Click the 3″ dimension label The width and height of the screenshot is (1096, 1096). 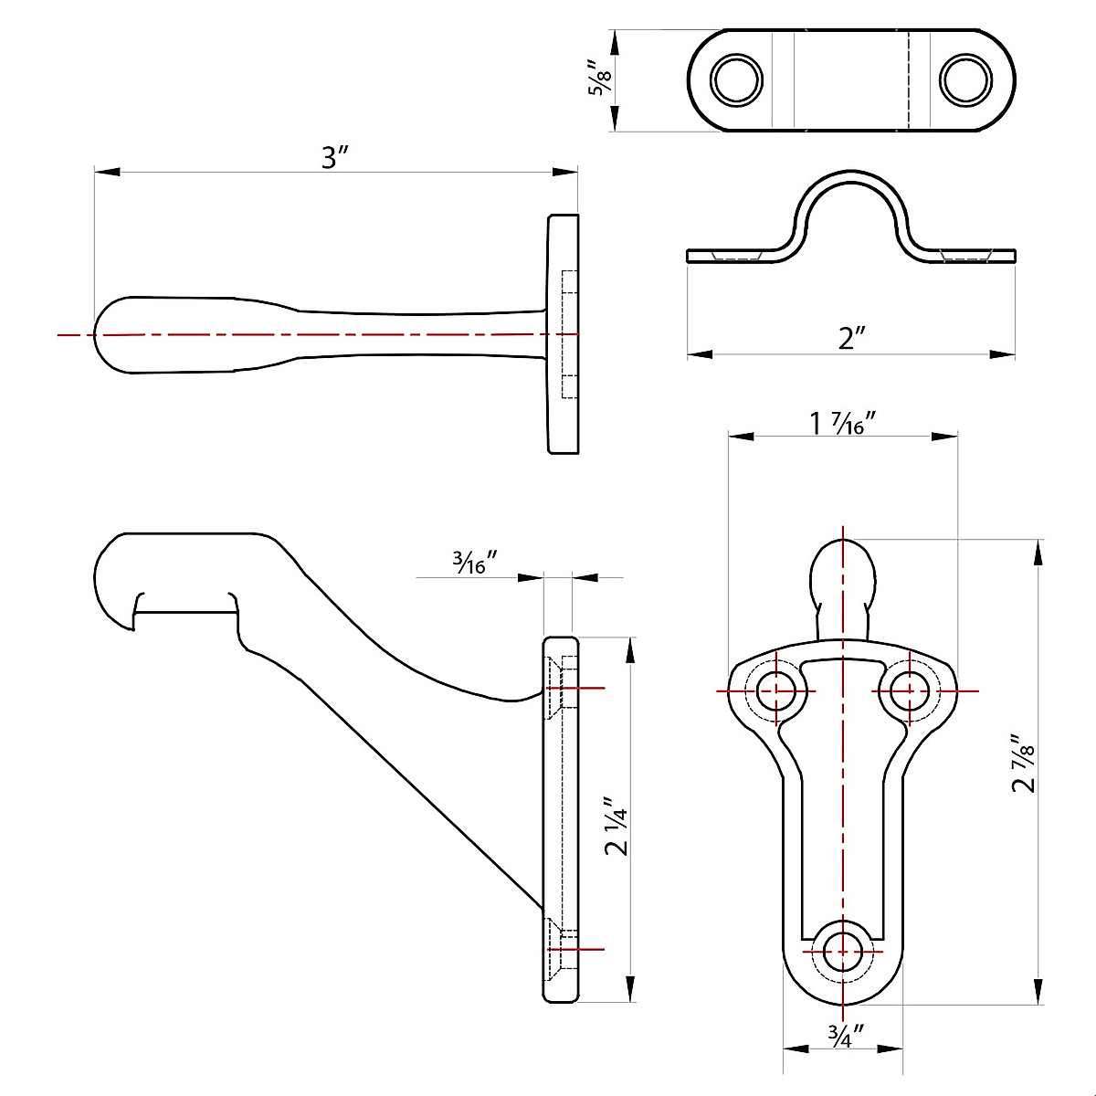(336, 157)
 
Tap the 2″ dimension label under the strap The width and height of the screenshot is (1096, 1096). (850, 339)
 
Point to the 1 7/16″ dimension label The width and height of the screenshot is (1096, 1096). (842, 424)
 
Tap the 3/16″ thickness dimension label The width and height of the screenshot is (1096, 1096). (474, 564)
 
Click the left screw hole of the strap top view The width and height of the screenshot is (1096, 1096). (737, 80)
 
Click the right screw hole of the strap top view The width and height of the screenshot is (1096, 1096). (965, 80)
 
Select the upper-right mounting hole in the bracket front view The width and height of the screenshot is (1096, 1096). (907, 690)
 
